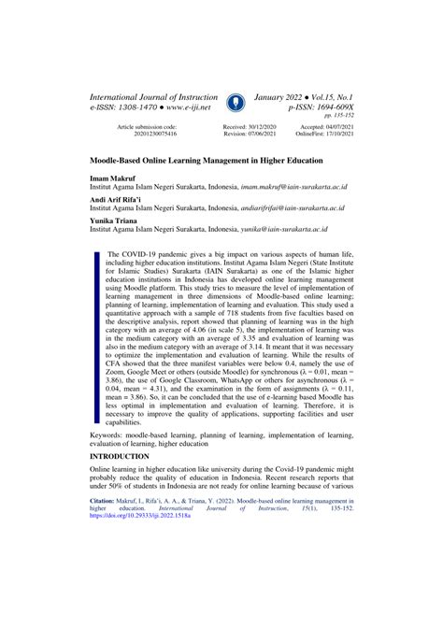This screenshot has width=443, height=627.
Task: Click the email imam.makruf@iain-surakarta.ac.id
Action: [x=298, y=187]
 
